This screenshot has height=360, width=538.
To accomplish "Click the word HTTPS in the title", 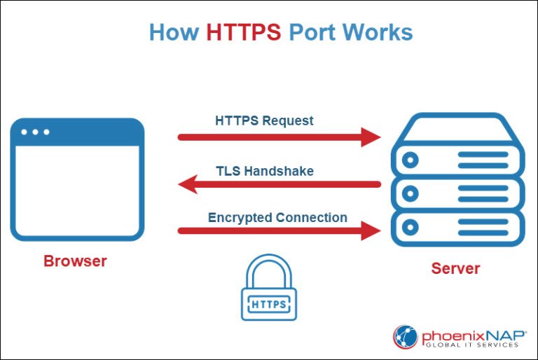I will [x=243, y=32].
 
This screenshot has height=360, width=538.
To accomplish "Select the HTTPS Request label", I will [x=264, y=120].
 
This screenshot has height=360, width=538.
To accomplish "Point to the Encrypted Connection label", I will [x=277, y=217].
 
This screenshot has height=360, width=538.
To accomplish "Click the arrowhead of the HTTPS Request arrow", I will [x=371, y=137].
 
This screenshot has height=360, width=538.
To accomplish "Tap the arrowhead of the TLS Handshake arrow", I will [x=188, y=185].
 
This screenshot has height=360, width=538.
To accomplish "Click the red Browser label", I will [x=75, y=261].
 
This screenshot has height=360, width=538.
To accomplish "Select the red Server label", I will [x=455, y=268].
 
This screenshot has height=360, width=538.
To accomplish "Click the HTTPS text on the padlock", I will [x=268, y=305].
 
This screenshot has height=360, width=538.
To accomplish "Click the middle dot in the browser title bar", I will [x=36, y=132].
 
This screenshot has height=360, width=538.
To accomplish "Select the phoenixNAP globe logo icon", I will [x=405, y=337].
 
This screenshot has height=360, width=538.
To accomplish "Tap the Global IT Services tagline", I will [x=471, y=345].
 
